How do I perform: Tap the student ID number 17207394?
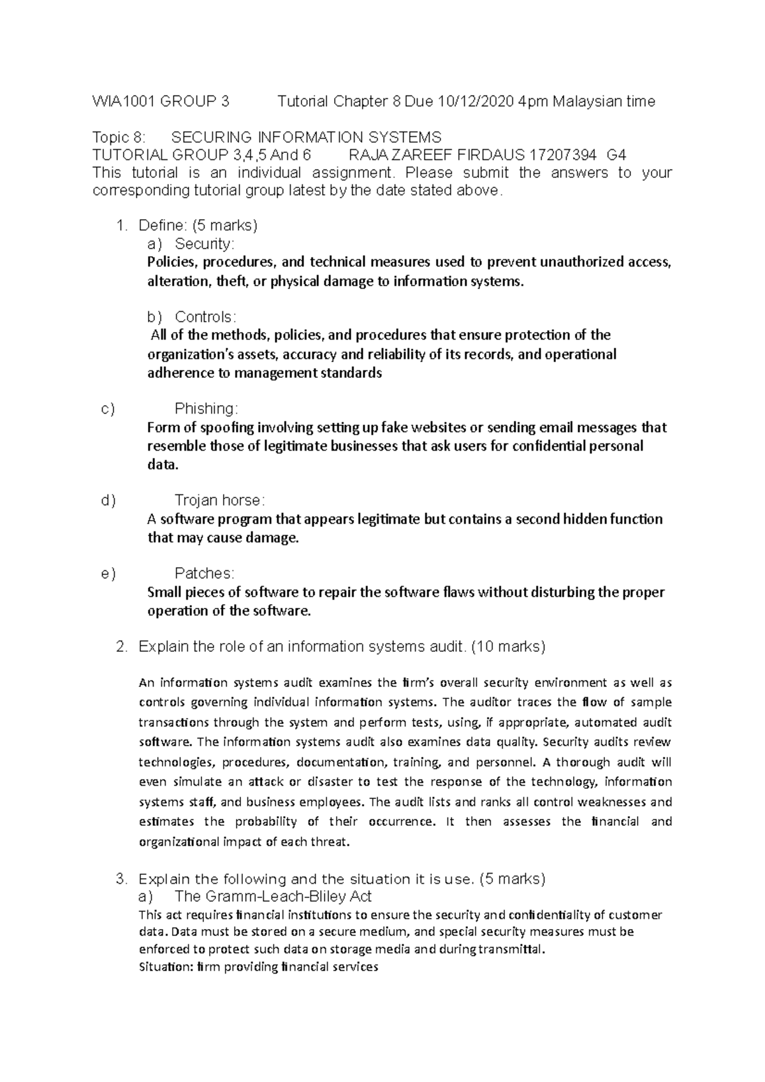pyautogui.click(x=564, y=155)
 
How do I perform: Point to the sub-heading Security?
pyautogui.click(x=205, y=243)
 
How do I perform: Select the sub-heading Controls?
pyautogui.click(x=205, y=317)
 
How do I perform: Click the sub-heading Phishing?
pyautogui.click(x=206, y=408)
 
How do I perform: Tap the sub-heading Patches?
pyautogui.click(x=205, y=573)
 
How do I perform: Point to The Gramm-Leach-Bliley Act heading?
pyautogui.click(x=273, y=897)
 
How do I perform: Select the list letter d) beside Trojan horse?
pyautogui.click(x=108, y=500)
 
